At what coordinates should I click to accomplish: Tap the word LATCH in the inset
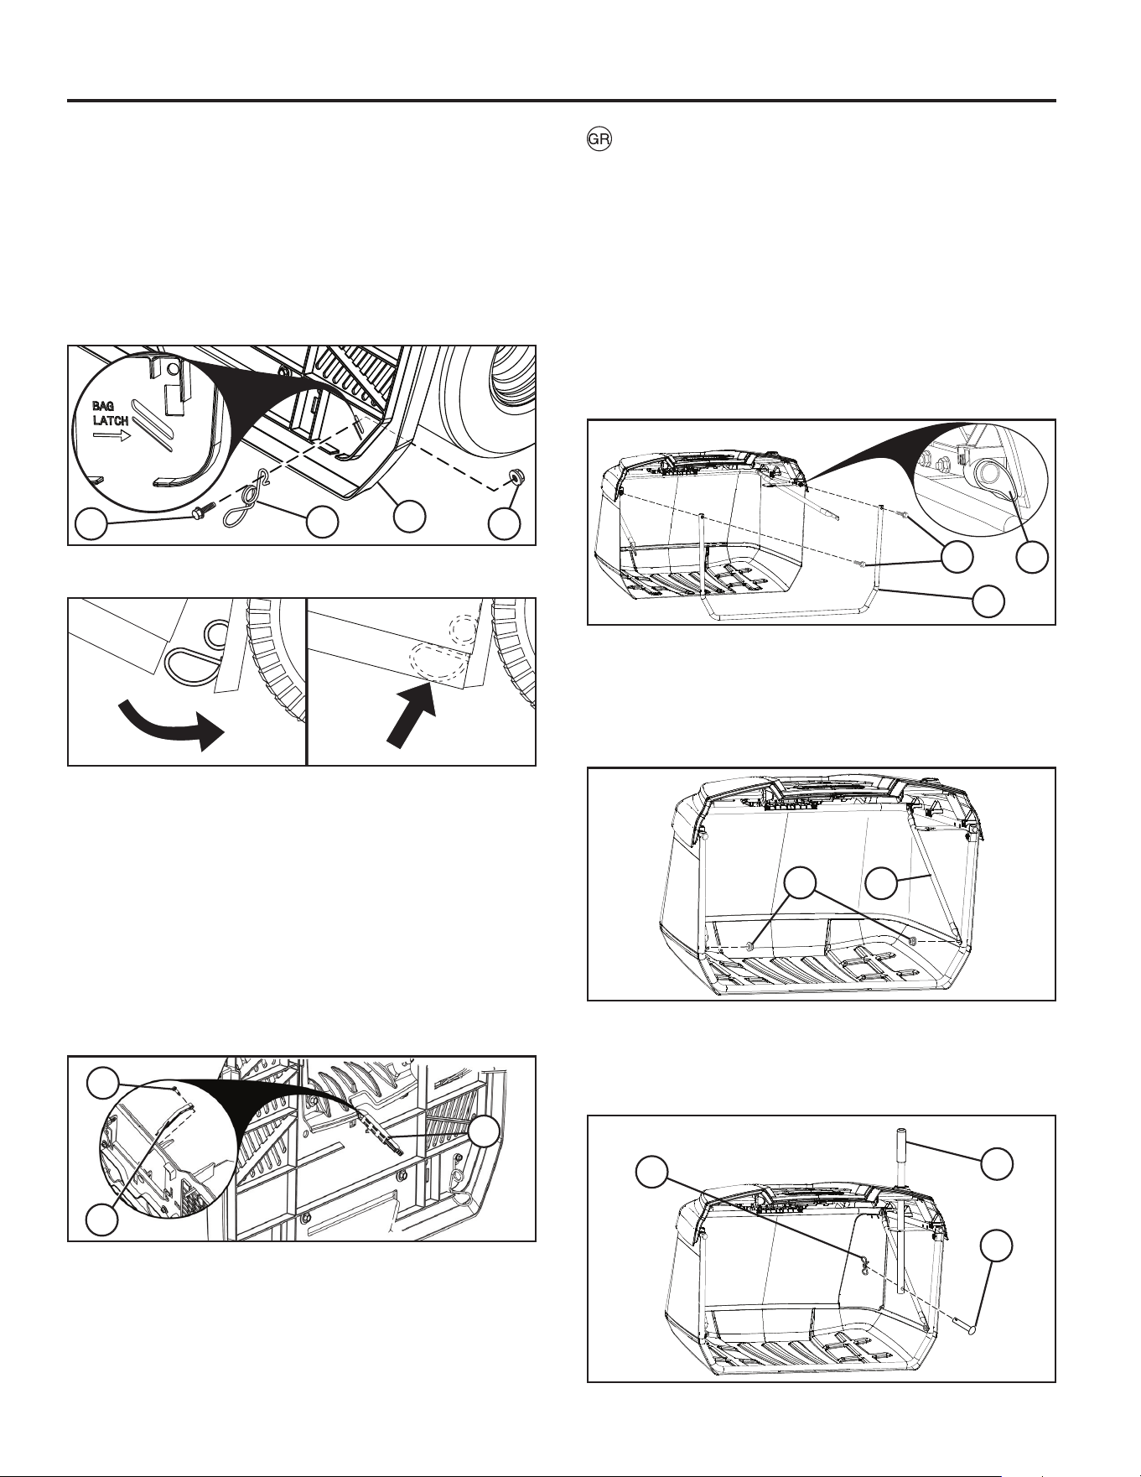(111, 421)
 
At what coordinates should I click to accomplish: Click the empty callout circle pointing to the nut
(505, 523)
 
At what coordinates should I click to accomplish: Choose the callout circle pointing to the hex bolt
(91, 525)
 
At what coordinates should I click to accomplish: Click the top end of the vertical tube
(901, 1131)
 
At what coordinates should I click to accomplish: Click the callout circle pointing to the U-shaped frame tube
(988, 601)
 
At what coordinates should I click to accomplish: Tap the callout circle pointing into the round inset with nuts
(1032, 558)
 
